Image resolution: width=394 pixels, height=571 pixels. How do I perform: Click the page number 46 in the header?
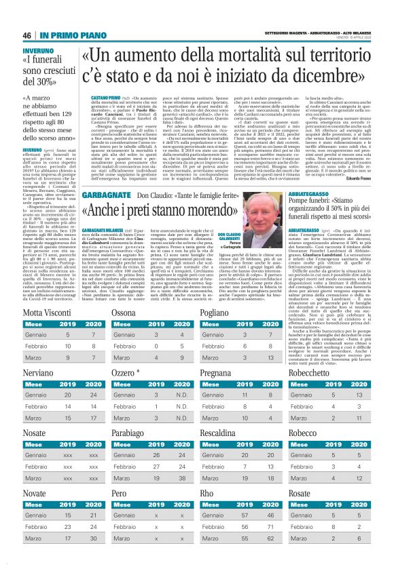pyautogui.click(x=28, y=16)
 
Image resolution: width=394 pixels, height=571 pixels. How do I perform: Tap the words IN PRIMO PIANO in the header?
pyautogui.click(x=67, y=16)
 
